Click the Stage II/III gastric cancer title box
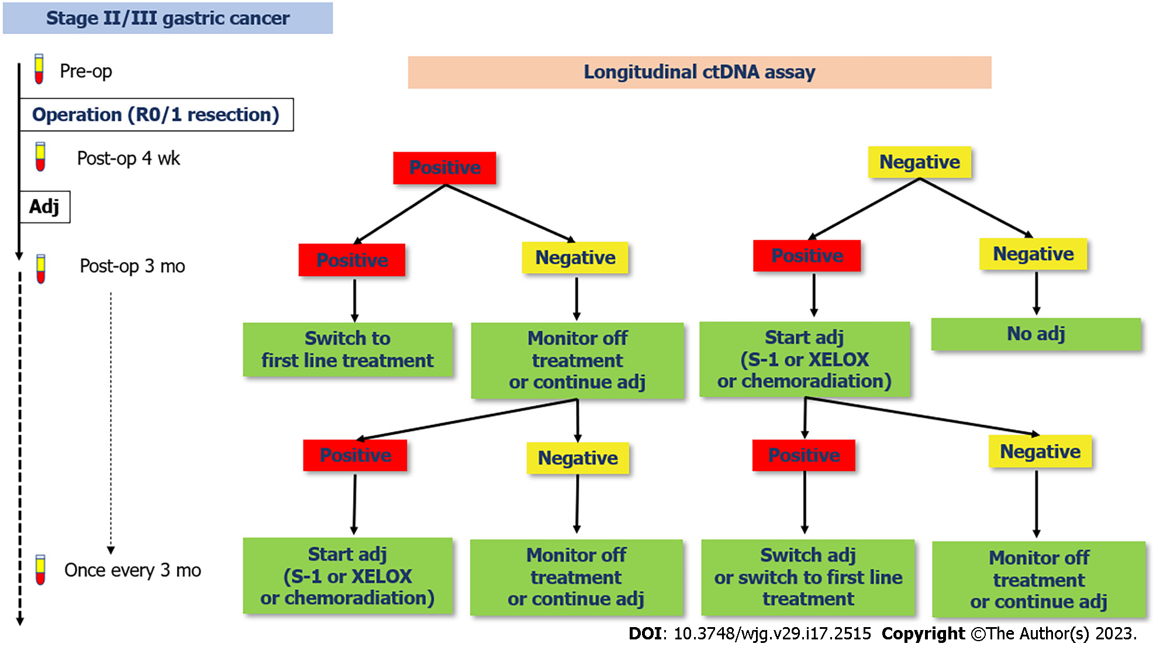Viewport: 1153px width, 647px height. [168, 18]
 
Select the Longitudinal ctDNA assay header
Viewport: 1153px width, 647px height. [699, 72]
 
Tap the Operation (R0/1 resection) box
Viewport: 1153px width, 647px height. [156, 115]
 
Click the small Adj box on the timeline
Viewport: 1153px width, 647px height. [45, 207]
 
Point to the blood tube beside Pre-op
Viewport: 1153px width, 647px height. [39, 69]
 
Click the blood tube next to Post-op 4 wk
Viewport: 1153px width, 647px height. [40, 157]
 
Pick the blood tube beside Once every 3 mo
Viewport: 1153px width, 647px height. [40, 570]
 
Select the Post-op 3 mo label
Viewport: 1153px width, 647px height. [132, 266]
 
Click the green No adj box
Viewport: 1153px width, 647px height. [1036, 334]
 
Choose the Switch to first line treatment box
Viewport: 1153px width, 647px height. [348, 349]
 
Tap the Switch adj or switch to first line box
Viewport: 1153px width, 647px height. [808, 577]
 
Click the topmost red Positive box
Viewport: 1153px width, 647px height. [445, 168]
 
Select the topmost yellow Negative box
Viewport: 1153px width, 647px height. [920, 162]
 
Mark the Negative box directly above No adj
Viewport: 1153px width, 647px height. [1033, 254]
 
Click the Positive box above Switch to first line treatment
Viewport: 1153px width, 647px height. [352, 260]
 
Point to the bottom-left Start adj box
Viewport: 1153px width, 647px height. [348, 576]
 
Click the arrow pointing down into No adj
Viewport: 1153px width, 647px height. [1036, 294]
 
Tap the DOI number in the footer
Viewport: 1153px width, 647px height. [772, 634]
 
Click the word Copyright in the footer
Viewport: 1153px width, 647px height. [923, 634]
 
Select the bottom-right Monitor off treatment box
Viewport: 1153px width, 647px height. [1039, 579]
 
